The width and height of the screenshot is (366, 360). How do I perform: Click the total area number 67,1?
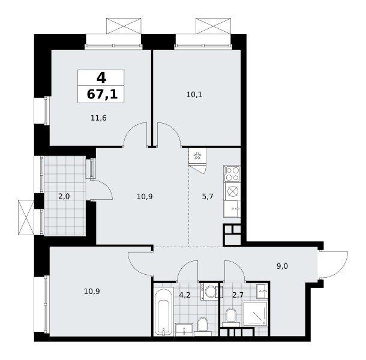click(102, 95)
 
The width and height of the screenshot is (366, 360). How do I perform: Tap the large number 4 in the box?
click(101, 78)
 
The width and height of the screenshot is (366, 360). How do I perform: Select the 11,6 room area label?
click(98, 118)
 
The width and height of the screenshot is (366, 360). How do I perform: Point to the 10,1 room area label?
click(194, 95)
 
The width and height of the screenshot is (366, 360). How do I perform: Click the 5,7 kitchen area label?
click(208, 197)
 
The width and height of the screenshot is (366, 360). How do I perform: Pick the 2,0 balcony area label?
click(64, 197)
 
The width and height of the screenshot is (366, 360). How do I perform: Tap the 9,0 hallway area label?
click(282, 266)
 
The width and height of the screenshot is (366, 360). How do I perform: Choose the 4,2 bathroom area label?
click(185, 295)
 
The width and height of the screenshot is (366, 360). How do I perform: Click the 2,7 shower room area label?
click(238, 295)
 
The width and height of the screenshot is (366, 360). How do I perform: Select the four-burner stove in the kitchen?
click(232, 173)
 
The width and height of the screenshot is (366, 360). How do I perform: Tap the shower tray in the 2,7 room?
click(255, 313)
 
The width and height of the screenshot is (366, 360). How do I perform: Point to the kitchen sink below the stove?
click(232, 209)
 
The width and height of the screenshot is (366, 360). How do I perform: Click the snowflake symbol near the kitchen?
click(197, 156)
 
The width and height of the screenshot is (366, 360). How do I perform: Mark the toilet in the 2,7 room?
click(231, 317)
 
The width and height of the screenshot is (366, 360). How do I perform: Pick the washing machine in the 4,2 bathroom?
click(209, 292)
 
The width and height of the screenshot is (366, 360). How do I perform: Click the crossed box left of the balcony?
click(26, 218)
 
